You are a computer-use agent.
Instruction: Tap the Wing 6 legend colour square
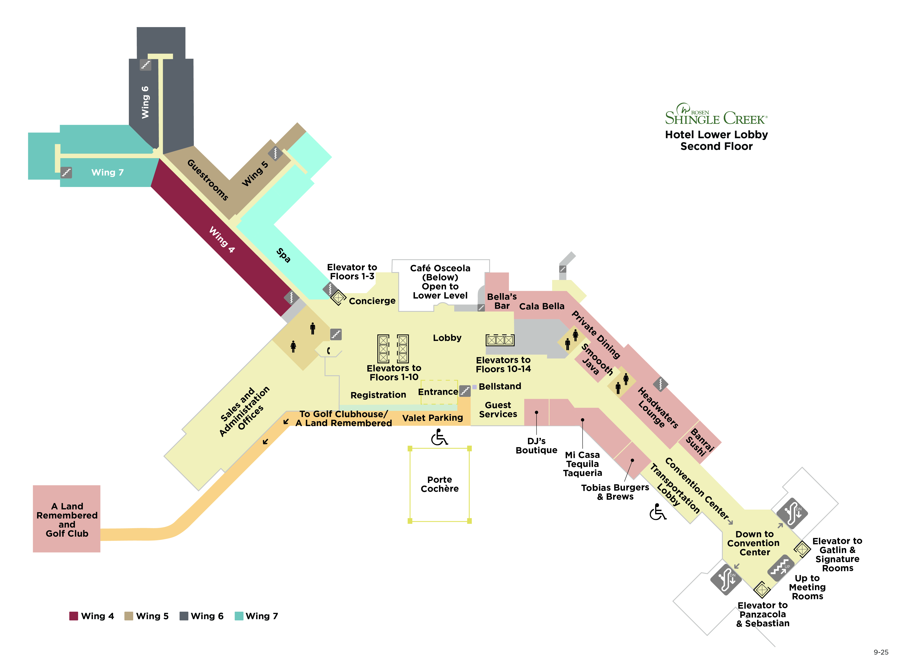pyautogui.click(x=184, y=616)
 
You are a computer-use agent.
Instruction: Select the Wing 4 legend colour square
pyautogui.click(x=73, y=616)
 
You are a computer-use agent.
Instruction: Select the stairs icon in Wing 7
pyautogui.click(x=66, y=173)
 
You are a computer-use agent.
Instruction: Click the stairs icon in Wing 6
pyautogui.click(x=145, y=65)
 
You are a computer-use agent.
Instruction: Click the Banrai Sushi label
pyautogui.click(x=700, y=442)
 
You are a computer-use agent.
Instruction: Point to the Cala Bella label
pyautogui.click(x=541, y=306)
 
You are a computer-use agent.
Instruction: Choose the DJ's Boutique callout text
pyautogui.click(x=536, y=445)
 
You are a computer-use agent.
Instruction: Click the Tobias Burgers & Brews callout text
pyautogui.click(x=615, y=492)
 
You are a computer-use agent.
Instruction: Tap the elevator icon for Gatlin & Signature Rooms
pyautogui.click(x=802, y=549)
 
